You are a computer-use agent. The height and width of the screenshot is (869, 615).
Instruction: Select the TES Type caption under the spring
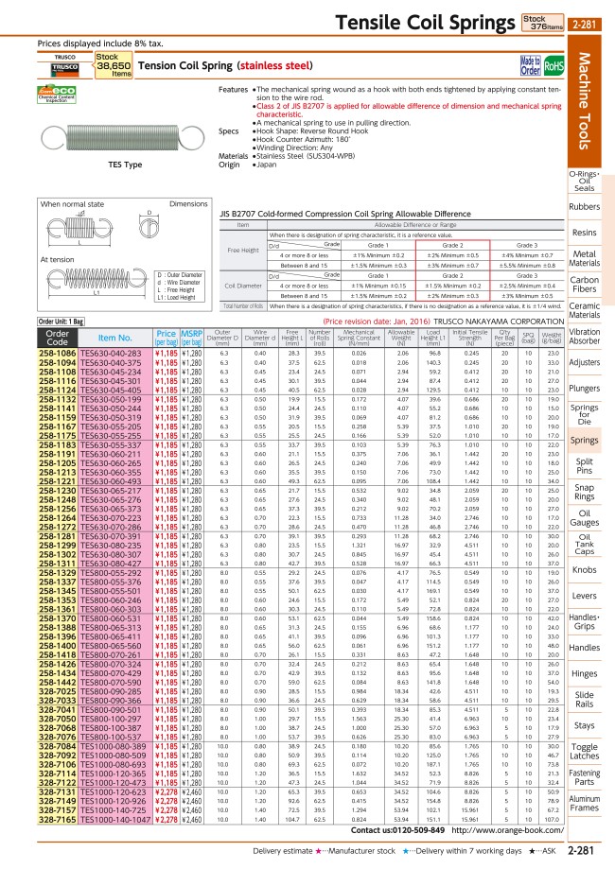pos(98,164)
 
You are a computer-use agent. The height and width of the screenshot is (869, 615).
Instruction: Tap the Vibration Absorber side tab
pos(585,338)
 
